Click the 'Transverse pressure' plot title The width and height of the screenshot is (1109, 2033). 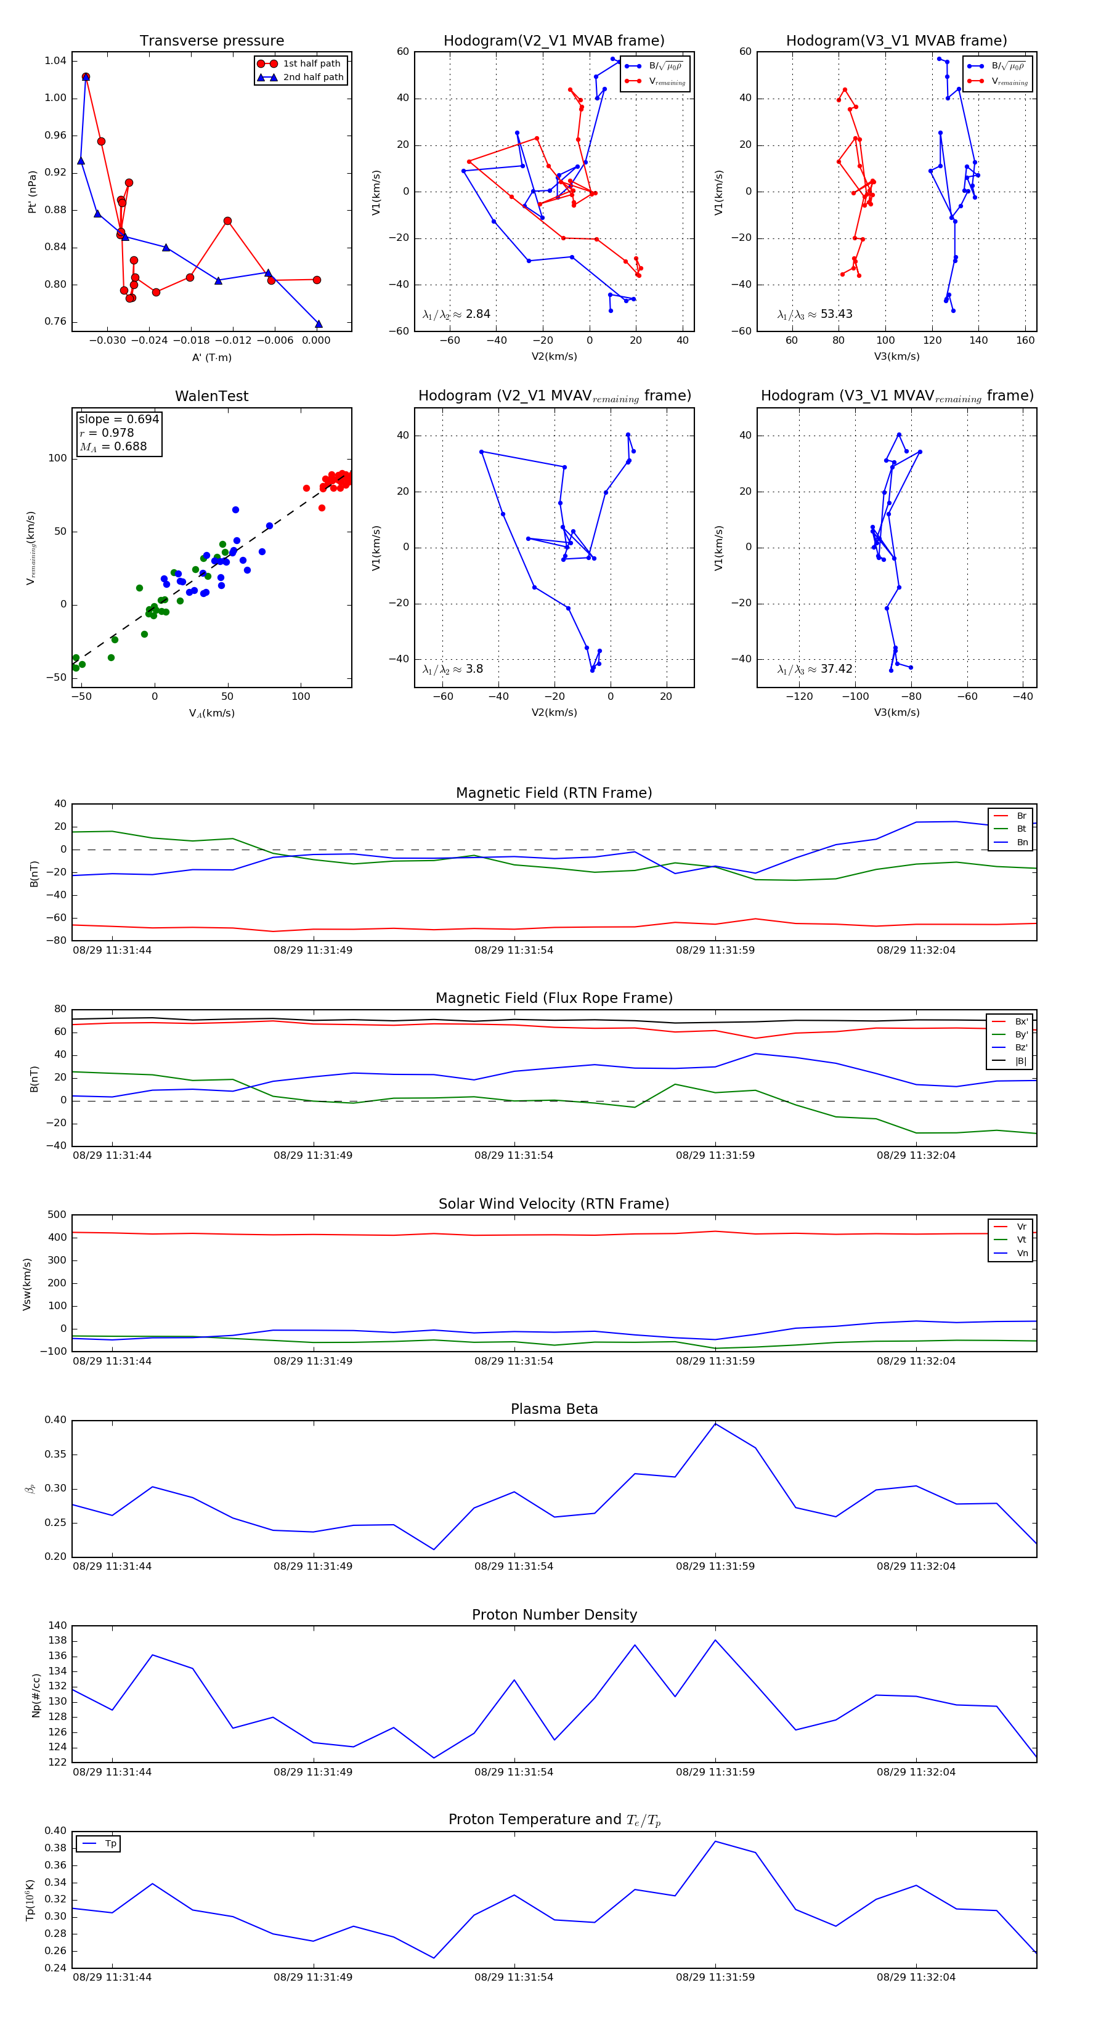click(211, 41)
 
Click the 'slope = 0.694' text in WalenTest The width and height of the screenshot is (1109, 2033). click(118, 419)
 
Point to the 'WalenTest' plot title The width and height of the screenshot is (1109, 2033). click(211, 396)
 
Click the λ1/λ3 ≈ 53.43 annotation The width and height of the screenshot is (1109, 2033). click(814, 314)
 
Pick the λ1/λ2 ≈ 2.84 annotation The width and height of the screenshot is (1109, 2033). click(456, 314)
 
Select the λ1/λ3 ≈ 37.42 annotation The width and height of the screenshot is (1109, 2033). click(814, 669)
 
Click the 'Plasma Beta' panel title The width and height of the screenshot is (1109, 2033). click(554, 1409)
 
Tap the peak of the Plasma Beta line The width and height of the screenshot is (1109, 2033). click(715, 1424)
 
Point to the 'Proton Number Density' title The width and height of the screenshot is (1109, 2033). click(554, 1615)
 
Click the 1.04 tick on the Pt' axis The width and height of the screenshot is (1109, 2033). click(55, 61)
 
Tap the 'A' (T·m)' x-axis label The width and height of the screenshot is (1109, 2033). click(211, 357)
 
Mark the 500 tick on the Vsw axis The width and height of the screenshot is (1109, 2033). click(56, 1215)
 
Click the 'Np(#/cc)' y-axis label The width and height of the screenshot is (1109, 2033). click(36, 1695)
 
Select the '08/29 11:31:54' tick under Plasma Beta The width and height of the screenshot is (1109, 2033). click(514, 1566)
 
